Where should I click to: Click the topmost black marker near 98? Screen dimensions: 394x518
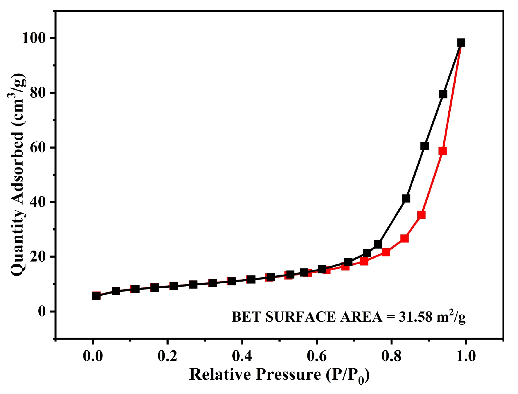461,43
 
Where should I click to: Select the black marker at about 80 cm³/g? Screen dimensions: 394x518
443,94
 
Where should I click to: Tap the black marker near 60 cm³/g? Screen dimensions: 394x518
424,146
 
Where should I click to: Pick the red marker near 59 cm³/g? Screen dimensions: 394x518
442,151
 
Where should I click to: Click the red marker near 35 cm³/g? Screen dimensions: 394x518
421,215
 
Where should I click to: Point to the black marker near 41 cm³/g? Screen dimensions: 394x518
406,198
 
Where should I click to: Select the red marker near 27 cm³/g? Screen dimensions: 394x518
404,238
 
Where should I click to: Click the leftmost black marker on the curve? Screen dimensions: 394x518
96,296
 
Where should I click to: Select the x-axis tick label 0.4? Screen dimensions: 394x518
242,356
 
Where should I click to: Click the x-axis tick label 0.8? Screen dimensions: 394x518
391,356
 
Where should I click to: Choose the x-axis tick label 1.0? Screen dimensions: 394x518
466,356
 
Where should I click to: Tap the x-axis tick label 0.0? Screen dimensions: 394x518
93,356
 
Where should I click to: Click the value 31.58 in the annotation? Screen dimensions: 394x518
415,317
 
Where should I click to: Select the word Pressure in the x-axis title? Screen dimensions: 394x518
288,374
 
